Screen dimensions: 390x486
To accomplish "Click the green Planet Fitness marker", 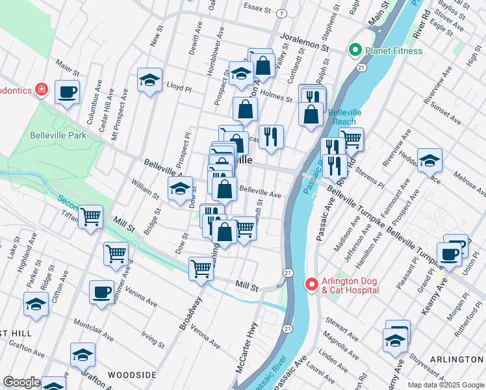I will (355, 50).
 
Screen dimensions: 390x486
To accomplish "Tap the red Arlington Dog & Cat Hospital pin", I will (311, 285).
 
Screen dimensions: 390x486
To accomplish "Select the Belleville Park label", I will (58, 136).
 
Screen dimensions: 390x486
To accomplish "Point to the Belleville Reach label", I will (344, 117).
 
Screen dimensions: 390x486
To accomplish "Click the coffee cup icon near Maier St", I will (67, 92).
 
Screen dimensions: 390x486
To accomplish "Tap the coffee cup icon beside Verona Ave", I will (101, 292).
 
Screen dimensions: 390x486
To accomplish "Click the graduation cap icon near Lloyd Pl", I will (150, 81).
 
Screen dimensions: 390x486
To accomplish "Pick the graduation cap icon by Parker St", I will (36, 304).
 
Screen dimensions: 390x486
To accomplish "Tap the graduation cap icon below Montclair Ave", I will (83, 354).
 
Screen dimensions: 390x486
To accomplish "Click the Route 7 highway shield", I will (281, 13).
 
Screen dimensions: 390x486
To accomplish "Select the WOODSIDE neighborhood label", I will (132, 376).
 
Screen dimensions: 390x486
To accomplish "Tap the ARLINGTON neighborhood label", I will (458, 359).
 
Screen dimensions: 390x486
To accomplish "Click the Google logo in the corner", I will (21, 382).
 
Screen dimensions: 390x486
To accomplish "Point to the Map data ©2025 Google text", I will (446, 385).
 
